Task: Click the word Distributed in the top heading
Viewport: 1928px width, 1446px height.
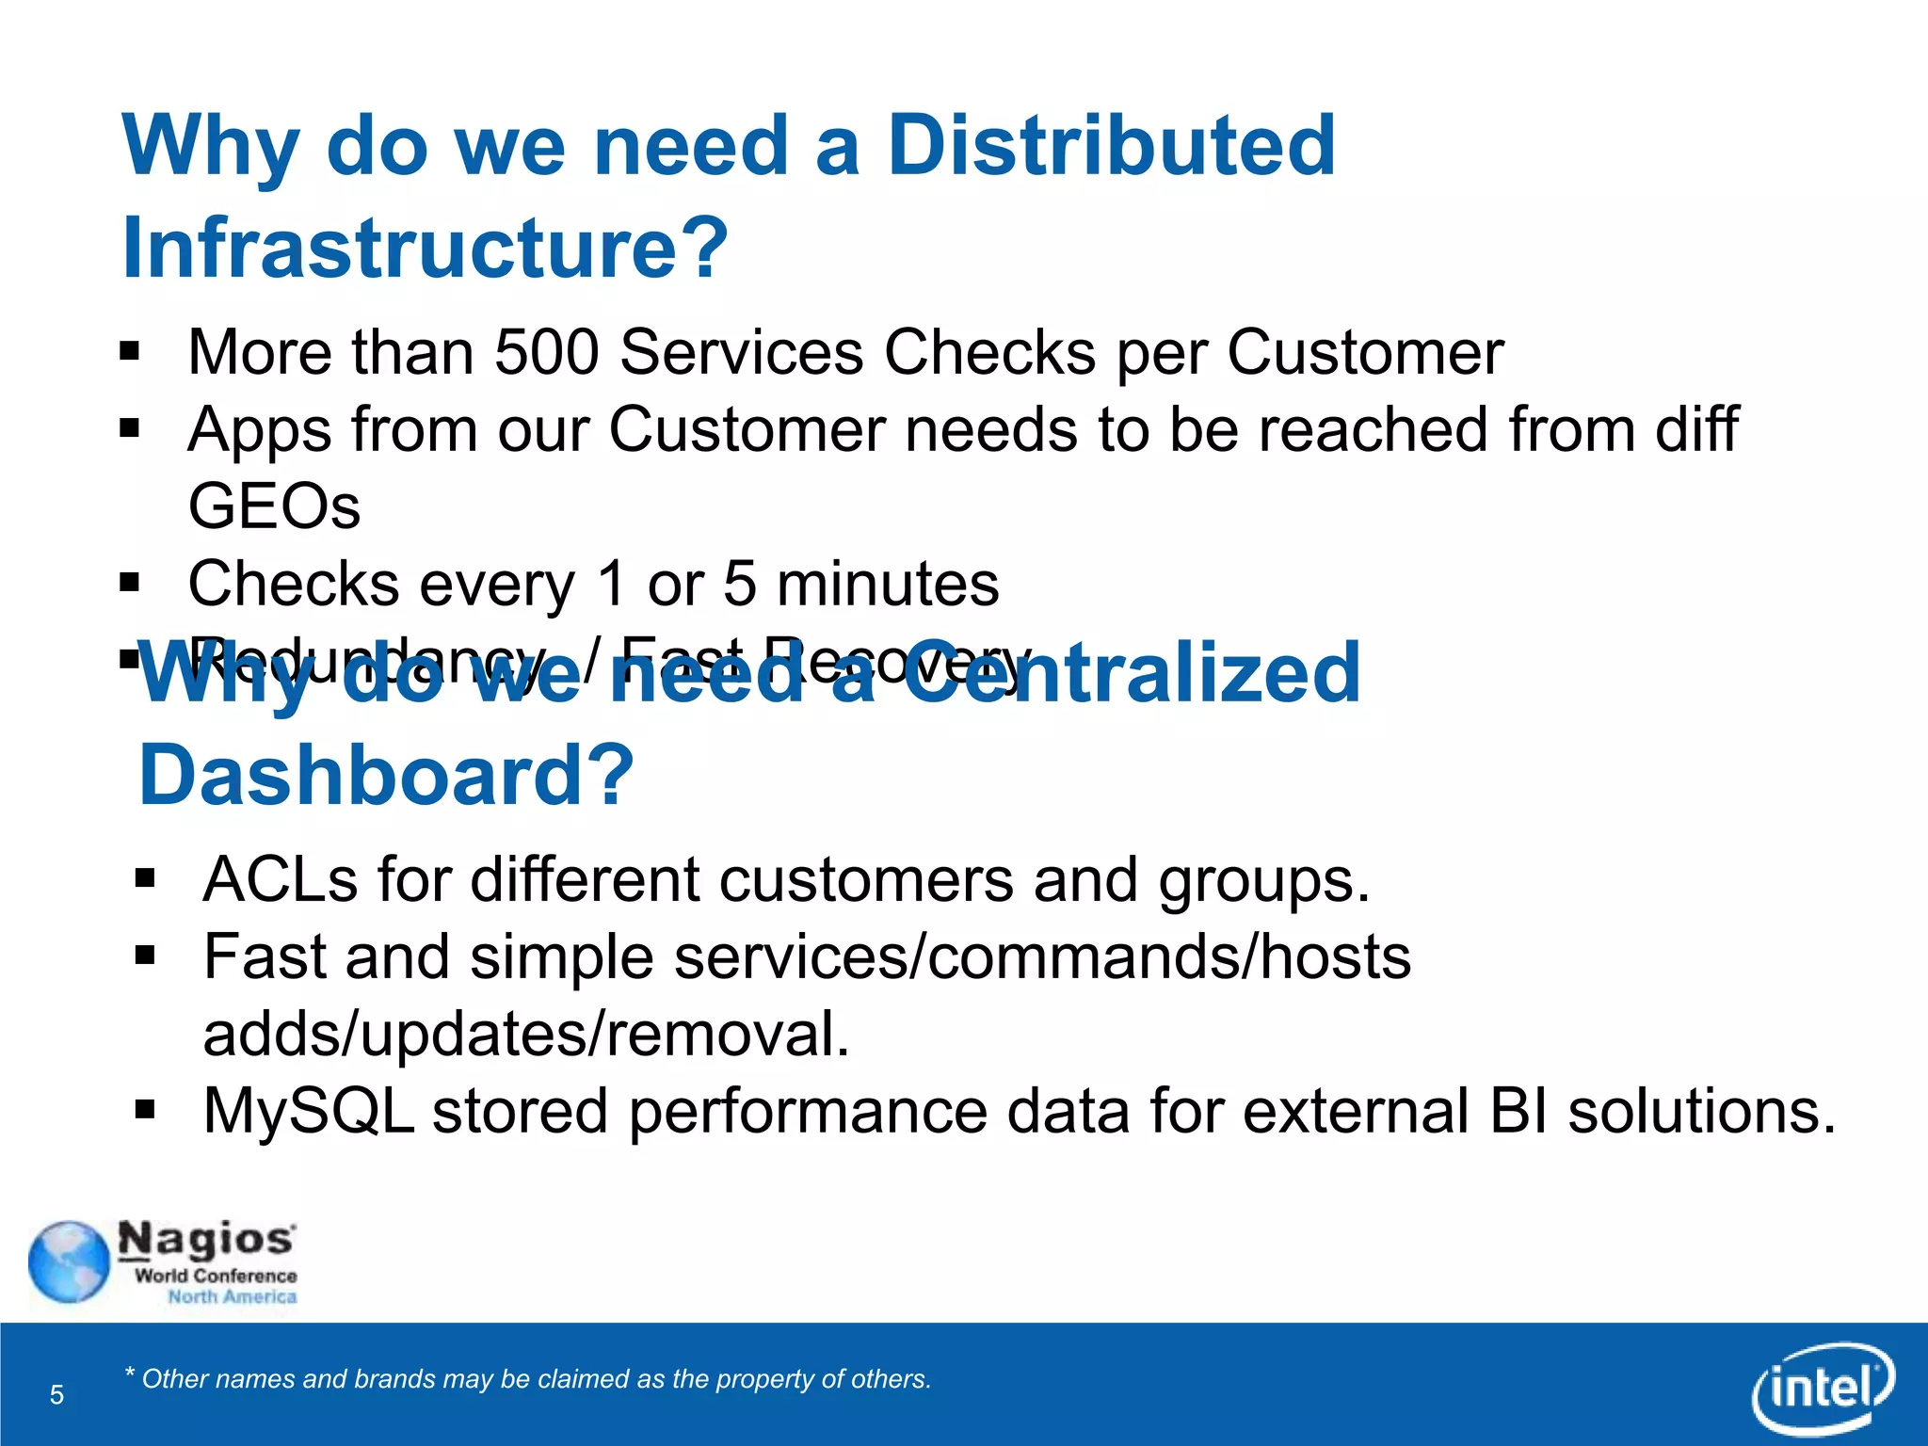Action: (x=1111, y=146)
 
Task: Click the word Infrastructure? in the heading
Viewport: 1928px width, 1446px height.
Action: (x=426, y=248)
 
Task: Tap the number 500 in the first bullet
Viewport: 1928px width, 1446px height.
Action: (x=547, y=353)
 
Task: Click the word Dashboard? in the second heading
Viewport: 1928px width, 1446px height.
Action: (x=387, y=776)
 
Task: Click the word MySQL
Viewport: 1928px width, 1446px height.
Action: (x=309, y=1112)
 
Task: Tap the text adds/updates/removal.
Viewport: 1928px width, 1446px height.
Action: (x=526, y=1035)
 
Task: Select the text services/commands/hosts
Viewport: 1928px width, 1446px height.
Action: (x=1042, y=957)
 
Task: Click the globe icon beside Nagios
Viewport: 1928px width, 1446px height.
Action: (x=69, y=1262)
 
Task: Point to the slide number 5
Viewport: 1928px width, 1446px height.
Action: (x=56, y=1395)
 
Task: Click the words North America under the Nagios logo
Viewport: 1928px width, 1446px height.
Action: (x=233, y=1297)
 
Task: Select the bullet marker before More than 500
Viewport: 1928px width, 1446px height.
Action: (x=130, y=353)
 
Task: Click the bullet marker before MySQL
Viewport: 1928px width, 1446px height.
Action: (x=145, y=1111)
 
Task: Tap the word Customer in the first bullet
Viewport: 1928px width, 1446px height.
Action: (x=1364, y=353)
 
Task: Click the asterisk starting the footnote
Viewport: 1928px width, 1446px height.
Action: (x=130, y=1374)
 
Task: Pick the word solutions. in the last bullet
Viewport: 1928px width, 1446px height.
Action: (x=1702, y=1112)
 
